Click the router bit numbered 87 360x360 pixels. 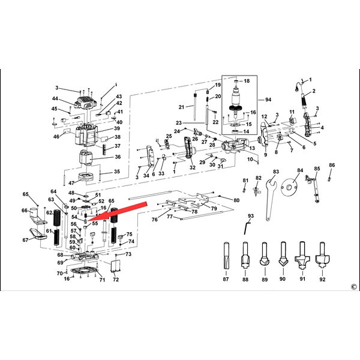(226, 256)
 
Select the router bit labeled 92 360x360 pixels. (323, 254)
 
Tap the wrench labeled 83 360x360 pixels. (271, 198)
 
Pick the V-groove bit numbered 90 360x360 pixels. (283, 254)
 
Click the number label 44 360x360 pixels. (55, 98)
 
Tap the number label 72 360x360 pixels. (116, 280)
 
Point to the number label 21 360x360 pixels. (181, 107)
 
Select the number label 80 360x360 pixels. (236, 200)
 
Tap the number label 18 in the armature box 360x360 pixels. (246, 80)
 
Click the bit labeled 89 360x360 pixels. (264, 256)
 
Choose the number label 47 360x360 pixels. (71, 182)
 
